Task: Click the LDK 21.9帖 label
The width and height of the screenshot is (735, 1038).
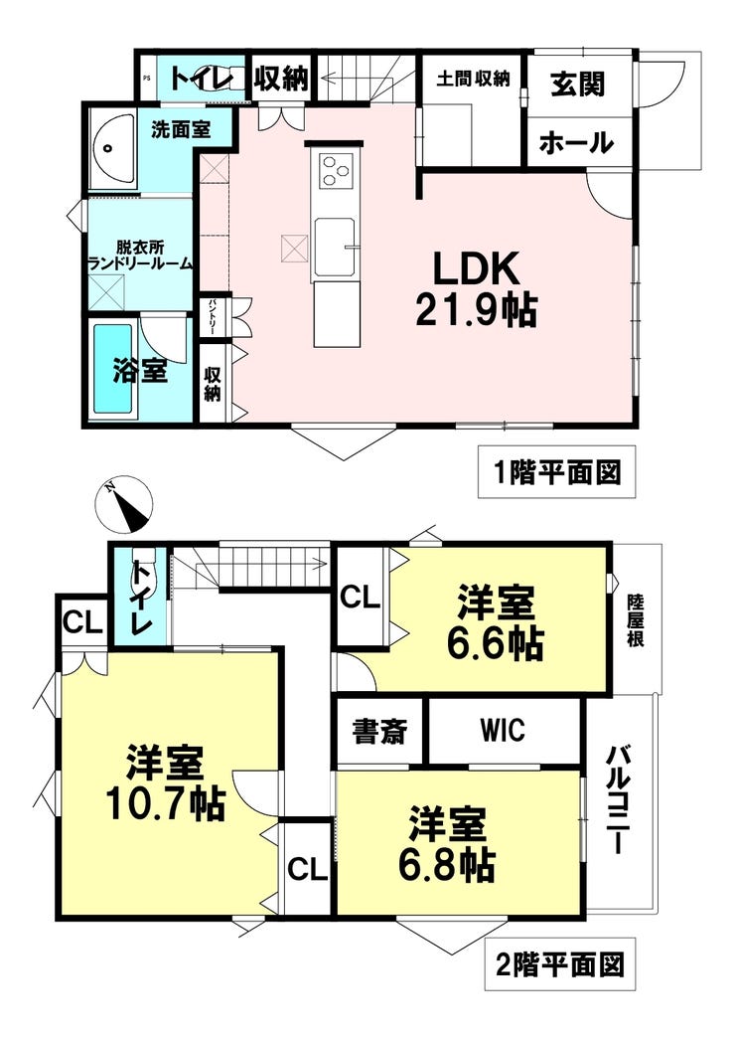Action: point(477,288)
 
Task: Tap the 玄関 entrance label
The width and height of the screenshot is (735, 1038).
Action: point(577,85)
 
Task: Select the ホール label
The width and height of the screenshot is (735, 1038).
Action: point(575,142)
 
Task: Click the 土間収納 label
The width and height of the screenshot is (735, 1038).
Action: point(473,79)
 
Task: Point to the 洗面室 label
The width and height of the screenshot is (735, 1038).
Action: point(181,129)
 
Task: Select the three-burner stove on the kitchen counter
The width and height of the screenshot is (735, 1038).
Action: point(334,171)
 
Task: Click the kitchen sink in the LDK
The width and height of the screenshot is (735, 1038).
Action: point(336,249)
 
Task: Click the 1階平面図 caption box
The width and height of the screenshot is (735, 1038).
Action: point(557,472)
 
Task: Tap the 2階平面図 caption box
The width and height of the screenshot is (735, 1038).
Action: point(560,963)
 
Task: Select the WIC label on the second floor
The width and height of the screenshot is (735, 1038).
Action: point(503,730)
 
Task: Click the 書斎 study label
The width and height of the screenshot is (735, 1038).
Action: point(379,732)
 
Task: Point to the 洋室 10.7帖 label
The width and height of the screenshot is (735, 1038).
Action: point(166,783)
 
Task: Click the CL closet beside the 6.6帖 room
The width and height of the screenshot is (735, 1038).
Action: point(361,598)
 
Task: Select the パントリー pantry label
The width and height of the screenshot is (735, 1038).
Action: point(213,316)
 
